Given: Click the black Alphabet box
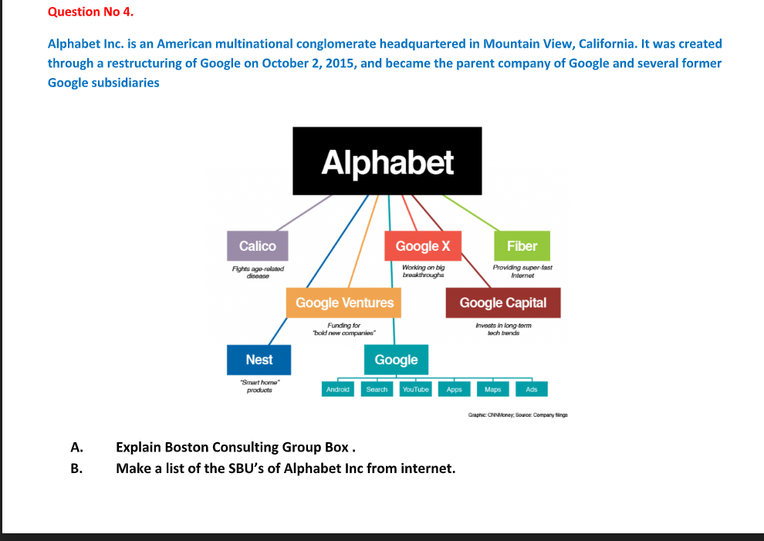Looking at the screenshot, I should (387, 162).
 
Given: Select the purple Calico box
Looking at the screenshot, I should (257, 246).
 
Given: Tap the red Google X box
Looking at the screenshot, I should (422, 246).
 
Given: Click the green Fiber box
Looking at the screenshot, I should (522, 246).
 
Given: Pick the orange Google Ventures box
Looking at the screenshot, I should (344, 303).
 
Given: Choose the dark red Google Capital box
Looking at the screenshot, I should (502, 303).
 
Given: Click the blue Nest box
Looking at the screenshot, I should (259, 360).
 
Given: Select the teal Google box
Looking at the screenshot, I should (396, 360).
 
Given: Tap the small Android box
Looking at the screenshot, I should (338, 390).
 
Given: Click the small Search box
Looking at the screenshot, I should (377, 390).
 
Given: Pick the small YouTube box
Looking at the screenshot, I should (415, 390).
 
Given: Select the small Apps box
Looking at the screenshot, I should (454, 390).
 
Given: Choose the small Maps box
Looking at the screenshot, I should (492, 390).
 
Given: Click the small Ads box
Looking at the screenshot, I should (531, 390).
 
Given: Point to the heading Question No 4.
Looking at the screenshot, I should (85, 12).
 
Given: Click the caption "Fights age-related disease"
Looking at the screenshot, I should (258, 271).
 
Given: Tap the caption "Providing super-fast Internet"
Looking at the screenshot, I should (522, 271).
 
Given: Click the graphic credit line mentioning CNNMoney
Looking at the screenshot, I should (518, 415).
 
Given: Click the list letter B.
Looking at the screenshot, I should (75, 468).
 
